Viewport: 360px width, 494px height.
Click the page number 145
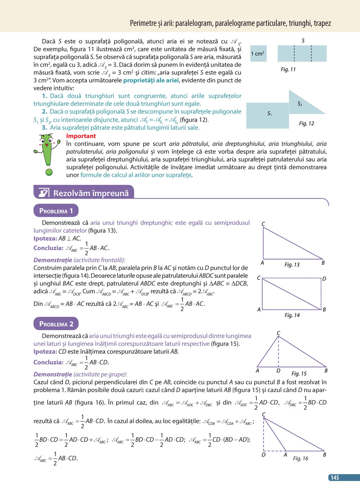pyautogui.click(x=335, y=477)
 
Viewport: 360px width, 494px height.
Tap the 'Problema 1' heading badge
pyautogui.click(x=56, y=211)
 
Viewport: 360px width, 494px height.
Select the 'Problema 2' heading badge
pyautogui.click(x=56, y=324)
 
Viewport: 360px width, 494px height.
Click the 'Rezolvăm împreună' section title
pyautogui.click(x=91, y=193)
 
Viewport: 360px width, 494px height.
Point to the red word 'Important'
pyautogui.click(x=81, y=136)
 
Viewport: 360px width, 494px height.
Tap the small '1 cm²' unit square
pyautogui.click(x=258, y=54)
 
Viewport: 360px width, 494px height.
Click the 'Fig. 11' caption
pyautogui.click(x=288, y=69)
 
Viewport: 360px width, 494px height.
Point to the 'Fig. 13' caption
pyautogui.click(x=292, y=265)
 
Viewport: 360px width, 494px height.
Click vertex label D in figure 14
pyautogui.click(x=324, y=279)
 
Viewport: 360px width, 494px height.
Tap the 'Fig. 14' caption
pyautogui.click(x=292, y=315)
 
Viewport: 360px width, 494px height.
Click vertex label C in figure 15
pyautogui.click(x=278, y=333)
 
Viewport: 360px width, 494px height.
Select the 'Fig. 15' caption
pyautogui.click(x=299, y=373)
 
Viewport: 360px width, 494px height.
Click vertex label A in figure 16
pyautogui.click(x=285, y=455)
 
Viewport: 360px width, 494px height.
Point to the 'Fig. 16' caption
pyautogui.click(x=300, y=458)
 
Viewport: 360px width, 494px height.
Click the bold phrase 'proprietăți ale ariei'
pyautogui.click(x=151, y=80)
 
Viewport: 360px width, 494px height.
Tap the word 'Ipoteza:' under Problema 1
pyautogui.click(x=45, y=238)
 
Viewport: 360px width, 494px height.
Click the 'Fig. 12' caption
pyautogui.click(x=306, y=123)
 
